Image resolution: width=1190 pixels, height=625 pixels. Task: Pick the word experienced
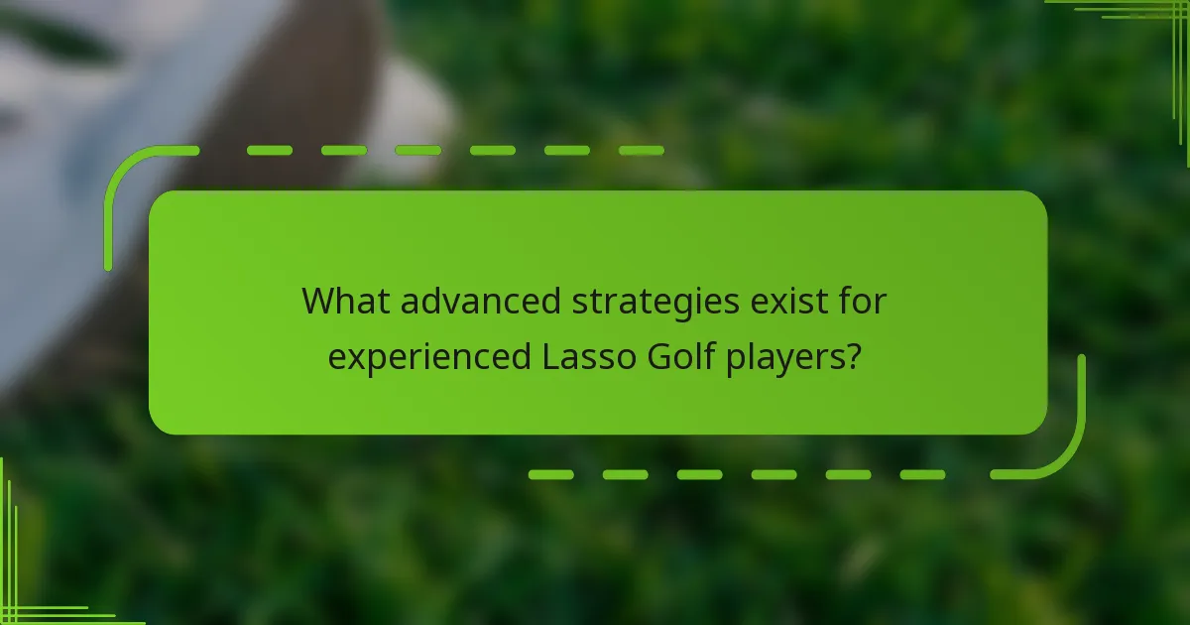coord(429,357)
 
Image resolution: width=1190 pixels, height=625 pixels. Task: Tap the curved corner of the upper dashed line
coord(124,169)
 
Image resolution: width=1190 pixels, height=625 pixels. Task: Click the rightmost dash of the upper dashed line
coord(641,151)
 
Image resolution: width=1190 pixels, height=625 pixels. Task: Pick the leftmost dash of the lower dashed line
coord(550,475)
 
